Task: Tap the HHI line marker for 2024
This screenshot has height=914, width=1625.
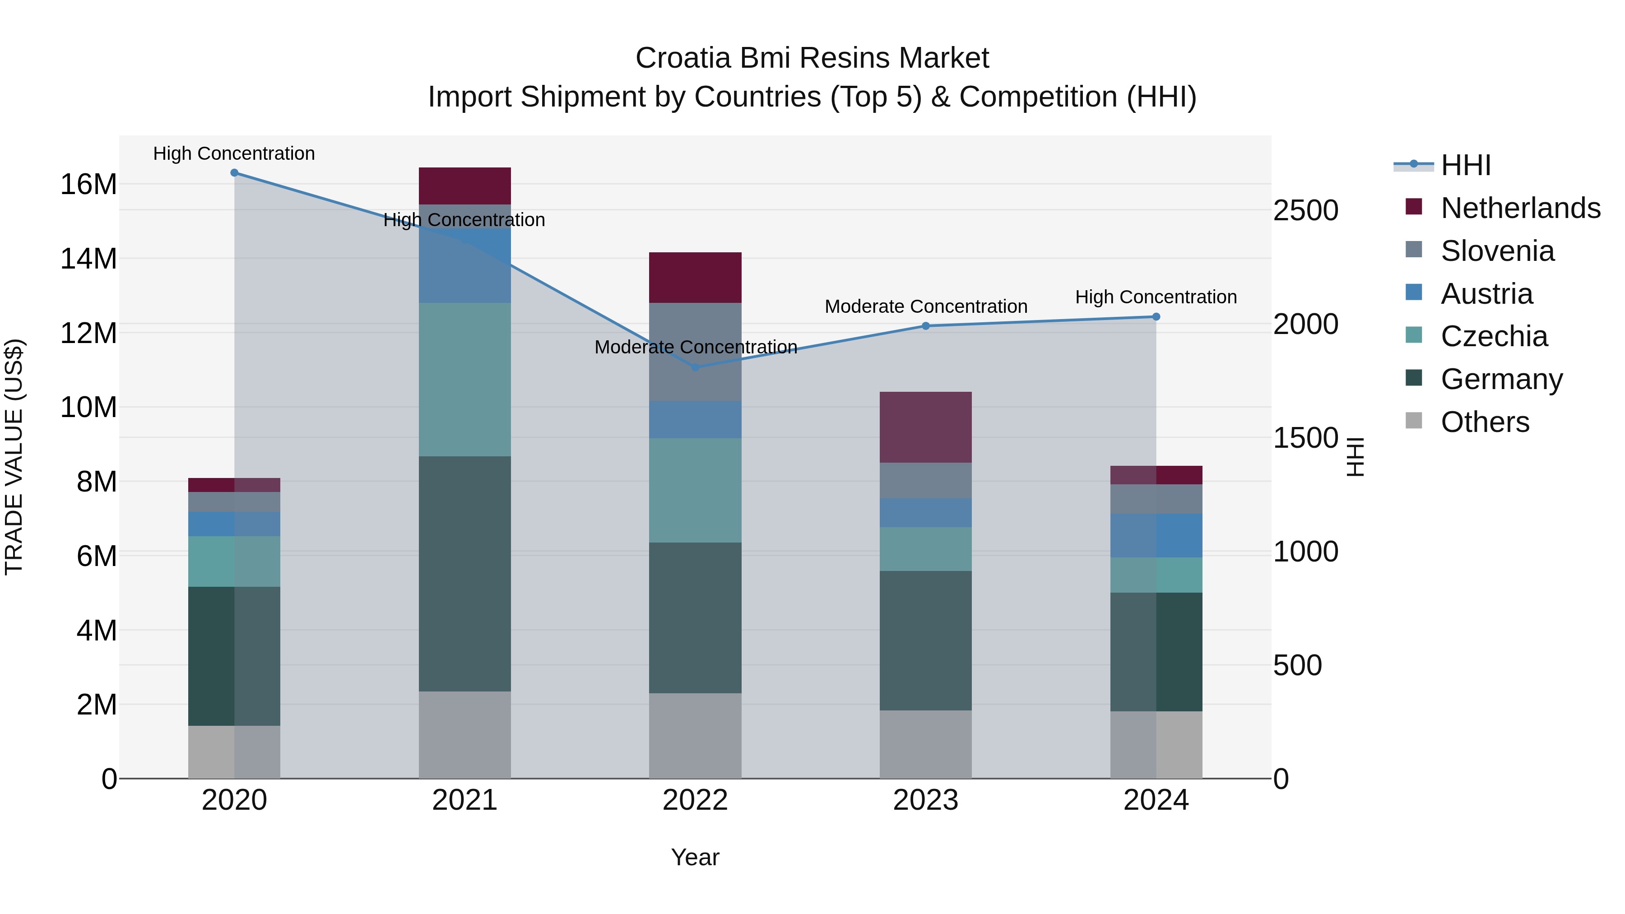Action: coord(1156,317)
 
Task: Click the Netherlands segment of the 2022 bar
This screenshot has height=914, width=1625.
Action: coord(695,278)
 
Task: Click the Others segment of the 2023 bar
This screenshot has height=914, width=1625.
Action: coord(925,744)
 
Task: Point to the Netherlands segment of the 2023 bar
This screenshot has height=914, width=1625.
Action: coord(925,427)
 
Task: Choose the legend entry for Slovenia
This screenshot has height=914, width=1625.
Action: coord(1497,251)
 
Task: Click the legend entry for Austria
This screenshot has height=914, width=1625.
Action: coord(1486,293)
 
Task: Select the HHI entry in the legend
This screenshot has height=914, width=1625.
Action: coord(1465,165)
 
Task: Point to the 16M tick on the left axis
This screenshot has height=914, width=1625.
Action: coord(88,184)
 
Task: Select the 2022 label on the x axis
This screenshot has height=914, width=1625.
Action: coord(695,800)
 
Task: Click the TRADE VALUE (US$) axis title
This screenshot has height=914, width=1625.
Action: coord(14,457)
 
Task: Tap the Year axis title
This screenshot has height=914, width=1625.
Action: coord(695,857)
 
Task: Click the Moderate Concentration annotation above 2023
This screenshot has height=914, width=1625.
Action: coord(925,306)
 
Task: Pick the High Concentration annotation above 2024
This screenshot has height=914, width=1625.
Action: coord(1156,297)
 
